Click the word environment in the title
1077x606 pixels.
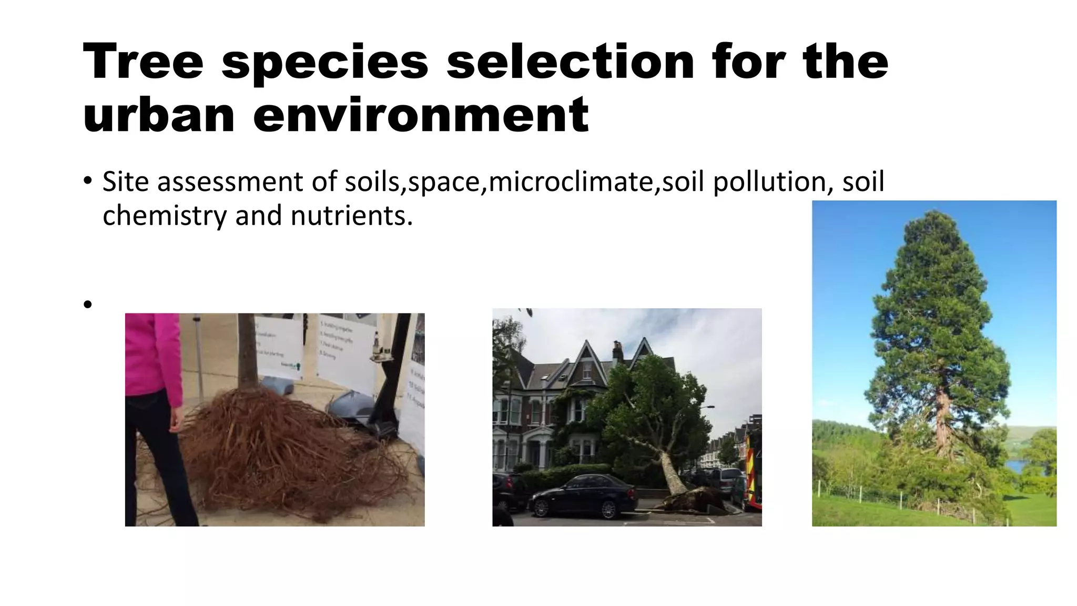point(421,114)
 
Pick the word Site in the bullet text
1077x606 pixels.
point(126,181)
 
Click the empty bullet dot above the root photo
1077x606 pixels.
point(87,304)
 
